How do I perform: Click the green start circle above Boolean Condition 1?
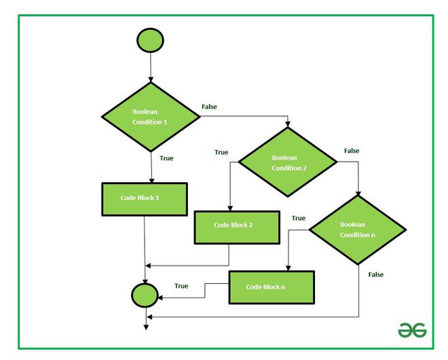149,41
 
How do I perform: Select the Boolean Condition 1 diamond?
149,116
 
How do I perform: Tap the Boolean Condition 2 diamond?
287,162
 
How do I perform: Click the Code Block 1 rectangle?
145,198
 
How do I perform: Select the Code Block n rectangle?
271,287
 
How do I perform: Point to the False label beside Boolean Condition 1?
210,107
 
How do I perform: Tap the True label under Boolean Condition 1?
166,158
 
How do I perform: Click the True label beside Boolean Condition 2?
221,152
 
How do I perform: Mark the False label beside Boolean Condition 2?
352,150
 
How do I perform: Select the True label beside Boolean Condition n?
298,218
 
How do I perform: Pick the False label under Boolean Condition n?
375,274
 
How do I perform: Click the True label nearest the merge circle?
181,286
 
